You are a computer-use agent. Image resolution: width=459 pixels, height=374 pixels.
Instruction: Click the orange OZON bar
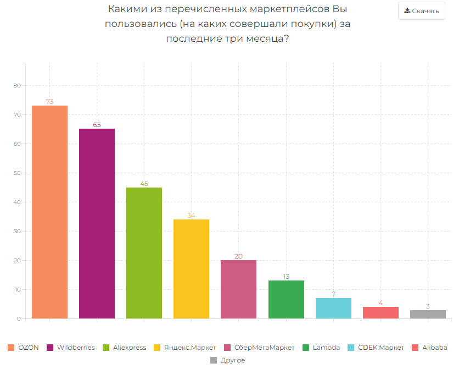coord(49,212)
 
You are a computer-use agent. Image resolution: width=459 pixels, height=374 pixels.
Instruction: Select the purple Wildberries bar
coord(97,223)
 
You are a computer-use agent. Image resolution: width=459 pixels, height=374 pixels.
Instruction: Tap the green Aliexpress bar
coord(144,253)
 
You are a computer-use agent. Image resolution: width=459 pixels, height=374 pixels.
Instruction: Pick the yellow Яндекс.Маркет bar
coord(191,269)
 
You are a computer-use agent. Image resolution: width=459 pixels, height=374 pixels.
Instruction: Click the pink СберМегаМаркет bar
coord(238,289)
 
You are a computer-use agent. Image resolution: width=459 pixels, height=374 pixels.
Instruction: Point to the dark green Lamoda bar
coord(286,300)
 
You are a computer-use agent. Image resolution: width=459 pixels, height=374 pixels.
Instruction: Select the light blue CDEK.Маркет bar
coord(333,309)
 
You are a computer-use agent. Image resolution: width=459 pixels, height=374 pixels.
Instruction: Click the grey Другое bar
coord(428,315)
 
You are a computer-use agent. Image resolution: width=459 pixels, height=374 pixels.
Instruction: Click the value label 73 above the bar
coord(49,102)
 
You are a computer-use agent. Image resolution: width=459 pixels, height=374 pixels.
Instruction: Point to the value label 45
coord(144,184)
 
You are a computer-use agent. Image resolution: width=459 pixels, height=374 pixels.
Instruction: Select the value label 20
coord(238,256)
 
